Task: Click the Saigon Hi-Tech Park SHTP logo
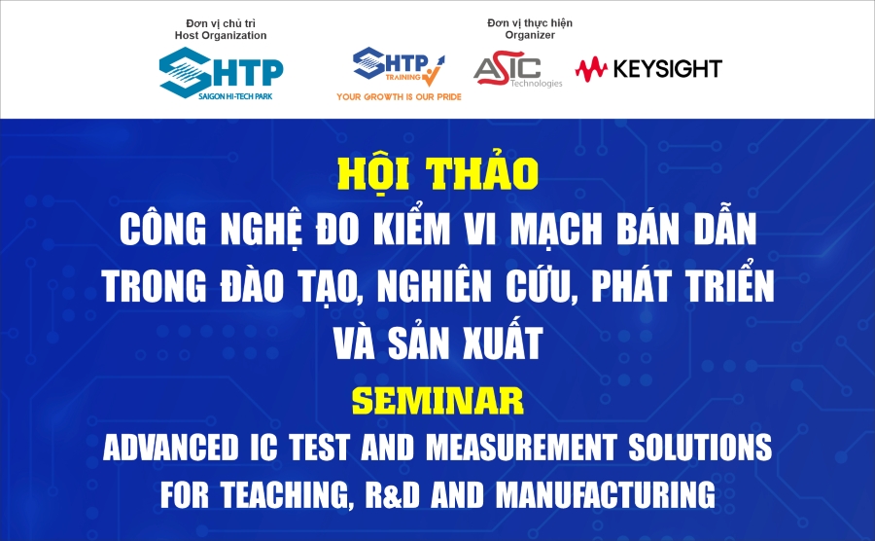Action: pos(222,72)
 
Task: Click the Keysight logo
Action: pos(648,68)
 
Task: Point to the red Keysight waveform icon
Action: pos(590,68)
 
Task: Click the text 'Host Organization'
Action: pos(221,35)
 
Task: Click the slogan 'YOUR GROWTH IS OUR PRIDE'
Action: pos(399,96)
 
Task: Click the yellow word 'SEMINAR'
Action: pos(437,400)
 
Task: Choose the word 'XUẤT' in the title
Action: pos(497,343)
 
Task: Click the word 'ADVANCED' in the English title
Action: pos(185,449)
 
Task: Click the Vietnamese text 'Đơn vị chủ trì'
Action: pos(221,21)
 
